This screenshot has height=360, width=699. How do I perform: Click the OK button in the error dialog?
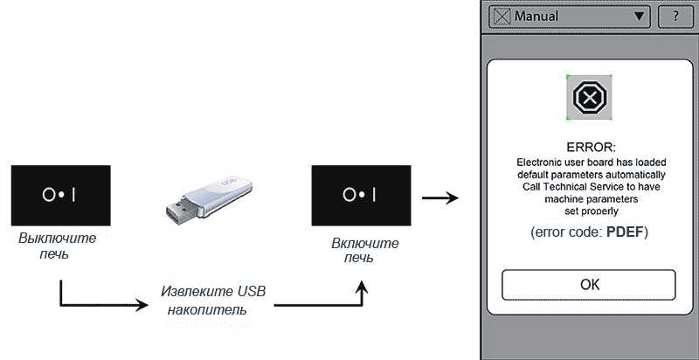pos(588,285)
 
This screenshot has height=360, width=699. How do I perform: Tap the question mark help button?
pos(675,16)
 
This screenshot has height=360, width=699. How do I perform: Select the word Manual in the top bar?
pos(536,16)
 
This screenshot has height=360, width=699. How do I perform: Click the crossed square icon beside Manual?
pos(502,16)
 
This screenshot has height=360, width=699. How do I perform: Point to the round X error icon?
pos(589,97)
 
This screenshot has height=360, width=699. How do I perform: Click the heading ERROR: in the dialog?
pos(591,146)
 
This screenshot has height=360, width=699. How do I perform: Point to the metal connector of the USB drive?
pos(177,212)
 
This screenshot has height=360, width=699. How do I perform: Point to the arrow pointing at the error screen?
pos(441,197)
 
